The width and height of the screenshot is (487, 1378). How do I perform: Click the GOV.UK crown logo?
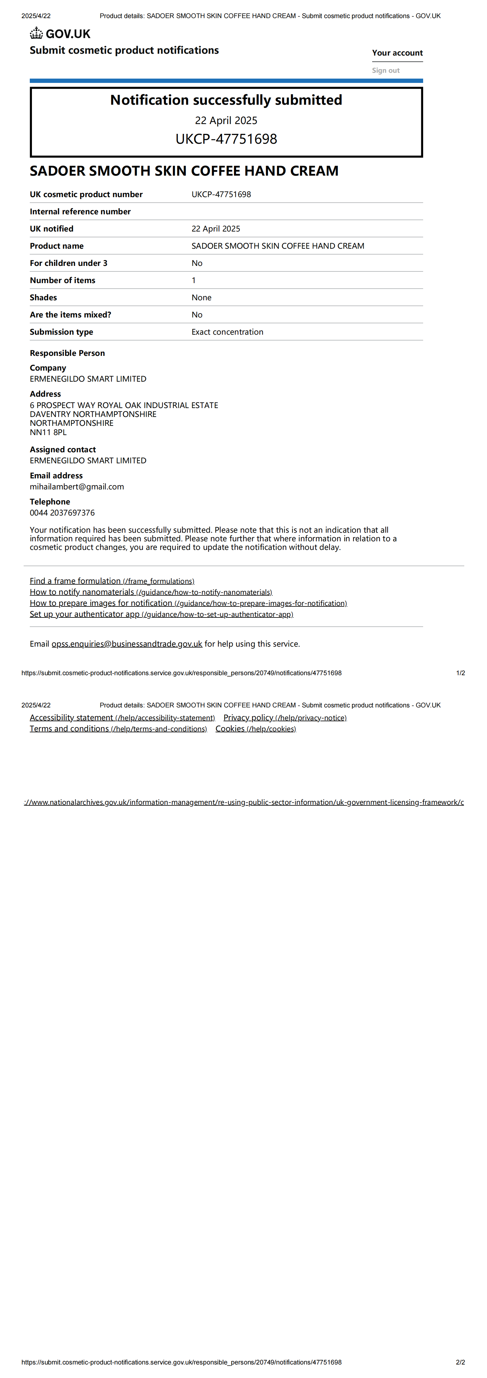point(37,34)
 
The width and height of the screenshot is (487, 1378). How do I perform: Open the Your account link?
point(397,53)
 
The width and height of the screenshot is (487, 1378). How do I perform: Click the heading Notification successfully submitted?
point(226,100)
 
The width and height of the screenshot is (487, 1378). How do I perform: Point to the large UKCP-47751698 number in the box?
point(226,139)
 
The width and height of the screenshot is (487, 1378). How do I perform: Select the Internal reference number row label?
point(80,212)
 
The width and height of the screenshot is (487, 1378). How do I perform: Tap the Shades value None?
point(201,298)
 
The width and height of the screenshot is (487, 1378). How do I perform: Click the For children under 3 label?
point(68,263)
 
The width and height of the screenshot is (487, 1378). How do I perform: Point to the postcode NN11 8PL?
point(48,433)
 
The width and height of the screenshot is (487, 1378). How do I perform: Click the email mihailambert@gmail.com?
point(76,487)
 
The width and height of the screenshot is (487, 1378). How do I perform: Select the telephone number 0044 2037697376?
point(62,513)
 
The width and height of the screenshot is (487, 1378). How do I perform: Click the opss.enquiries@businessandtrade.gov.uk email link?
point(127,644)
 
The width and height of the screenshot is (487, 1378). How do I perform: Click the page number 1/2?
point(460,673)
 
